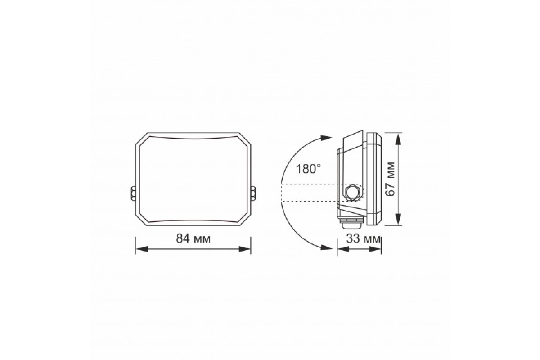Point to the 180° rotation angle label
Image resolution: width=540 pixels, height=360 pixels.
coord(309,169)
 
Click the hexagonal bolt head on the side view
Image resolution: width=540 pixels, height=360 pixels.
coord(352,193)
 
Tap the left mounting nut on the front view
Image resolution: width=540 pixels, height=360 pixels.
coord(133,193)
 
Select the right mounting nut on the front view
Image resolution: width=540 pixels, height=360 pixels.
coord(253,193)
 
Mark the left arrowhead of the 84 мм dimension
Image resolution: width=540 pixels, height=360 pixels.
coord(139,248)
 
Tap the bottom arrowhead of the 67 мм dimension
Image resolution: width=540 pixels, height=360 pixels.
coord(398,221)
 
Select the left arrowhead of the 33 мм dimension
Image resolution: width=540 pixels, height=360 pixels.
coord(341,248)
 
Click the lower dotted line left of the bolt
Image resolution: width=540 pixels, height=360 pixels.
coord(310,201)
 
